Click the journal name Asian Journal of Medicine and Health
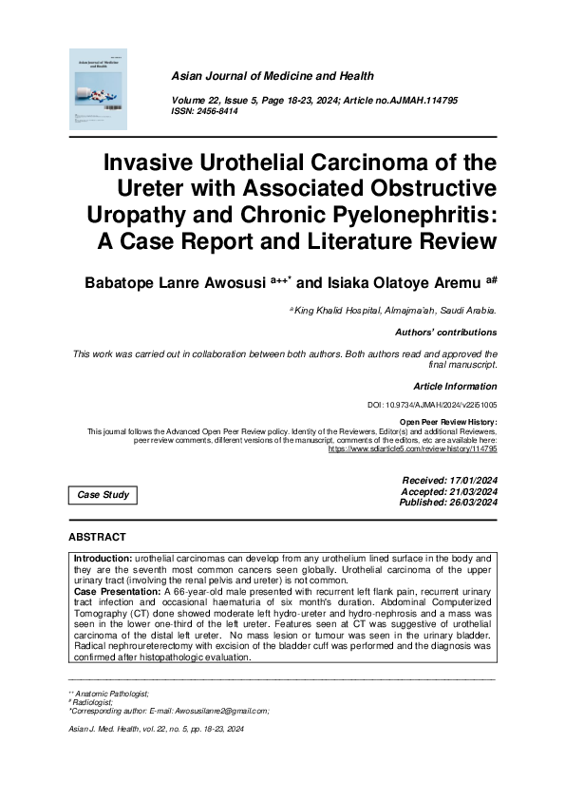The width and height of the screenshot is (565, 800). point(272,75)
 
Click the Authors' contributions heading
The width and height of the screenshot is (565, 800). point(445,333)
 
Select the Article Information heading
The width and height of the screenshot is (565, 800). point(455,386)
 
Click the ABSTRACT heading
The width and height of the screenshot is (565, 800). point(98,538)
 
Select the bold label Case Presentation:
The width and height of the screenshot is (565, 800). point(118,591)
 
